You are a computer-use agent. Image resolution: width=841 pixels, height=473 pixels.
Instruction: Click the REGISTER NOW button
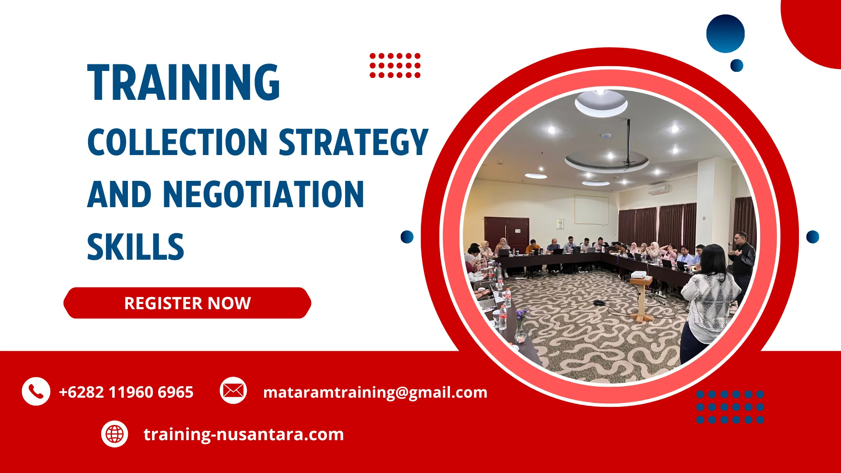[187, 303]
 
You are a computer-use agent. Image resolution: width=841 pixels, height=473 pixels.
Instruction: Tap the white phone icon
[36, 391]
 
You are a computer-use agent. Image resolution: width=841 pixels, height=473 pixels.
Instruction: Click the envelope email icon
[233, 390]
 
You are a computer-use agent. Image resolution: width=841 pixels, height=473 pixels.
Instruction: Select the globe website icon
[115, 434]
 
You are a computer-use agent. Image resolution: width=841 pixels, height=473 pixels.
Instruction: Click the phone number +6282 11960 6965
[126, 392]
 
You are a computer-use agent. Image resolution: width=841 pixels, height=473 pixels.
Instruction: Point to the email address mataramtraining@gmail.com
[375, 392]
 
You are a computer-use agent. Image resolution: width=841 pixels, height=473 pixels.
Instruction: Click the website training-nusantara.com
[244, 434]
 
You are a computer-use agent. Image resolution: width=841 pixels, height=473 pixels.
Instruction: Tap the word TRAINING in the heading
[184, 83]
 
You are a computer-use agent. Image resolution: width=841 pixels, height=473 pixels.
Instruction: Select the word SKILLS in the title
[135, 247]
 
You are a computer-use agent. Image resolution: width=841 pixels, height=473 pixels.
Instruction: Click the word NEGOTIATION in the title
[263, 195]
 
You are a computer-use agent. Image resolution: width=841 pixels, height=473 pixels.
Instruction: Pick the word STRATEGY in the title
[353, 142]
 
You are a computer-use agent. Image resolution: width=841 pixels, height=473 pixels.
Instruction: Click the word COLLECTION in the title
[177, 142]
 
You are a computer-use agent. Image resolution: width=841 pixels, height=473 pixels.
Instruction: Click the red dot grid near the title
[395, 66]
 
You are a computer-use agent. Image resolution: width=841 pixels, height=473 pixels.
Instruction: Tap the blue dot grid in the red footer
[730, 407]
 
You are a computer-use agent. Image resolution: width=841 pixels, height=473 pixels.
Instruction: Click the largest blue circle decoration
[725, 34]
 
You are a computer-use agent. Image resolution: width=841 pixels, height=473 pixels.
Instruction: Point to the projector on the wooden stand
[639, 275]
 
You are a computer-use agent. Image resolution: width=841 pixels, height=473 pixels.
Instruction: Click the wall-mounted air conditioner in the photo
[658, 190]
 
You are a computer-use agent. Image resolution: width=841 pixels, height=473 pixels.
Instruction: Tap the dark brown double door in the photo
[506, 234]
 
